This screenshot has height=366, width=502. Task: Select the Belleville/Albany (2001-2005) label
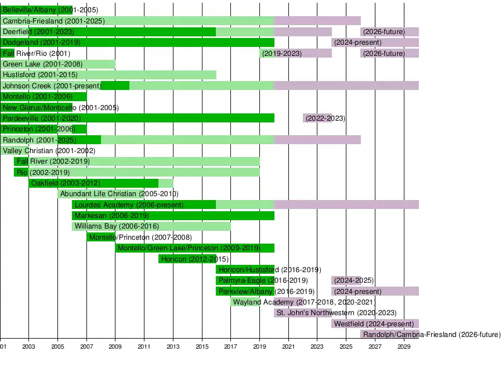click(x=50, y=10)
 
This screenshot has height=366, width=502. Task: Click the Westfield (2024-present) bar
click(x=375, y=324)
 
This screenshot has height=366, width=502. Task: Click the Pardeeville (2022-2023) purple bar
click(x=317, y=118)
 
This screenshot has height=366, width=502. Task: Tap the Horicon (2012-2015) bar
click(x=187, y=259)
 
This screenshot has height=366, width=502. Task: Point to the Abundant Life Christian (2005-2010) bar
click(x=115, y=194)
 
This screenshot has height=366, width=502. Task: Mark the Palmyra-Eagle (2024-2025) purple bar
click(x=346, y=281)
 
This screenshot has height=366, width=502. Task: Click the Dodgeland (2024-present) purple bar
click(x=375, y=42)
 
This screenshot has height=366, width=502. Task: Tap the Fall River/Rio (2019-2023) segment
click(x=296, y=54)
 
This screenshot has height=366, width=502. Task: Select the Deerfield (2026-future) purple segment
click(x=389, y=32)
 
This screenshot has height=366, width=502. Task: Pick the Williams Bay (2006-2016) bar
click(x=151, y=226)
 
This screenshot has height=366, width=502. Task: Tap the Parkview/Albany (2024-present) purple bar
click(x=375, y=291)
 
